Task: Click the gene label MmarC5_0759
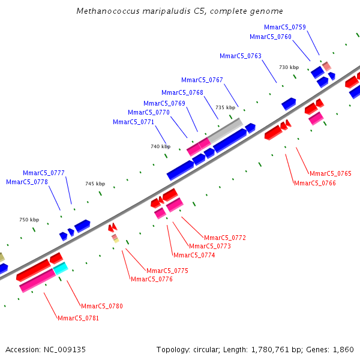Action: [285, 27]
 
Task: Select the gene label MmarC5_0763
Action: [241, 56]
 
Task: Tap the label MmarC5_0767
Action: [202, 80]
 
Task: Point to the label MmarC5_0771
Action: [134, 122]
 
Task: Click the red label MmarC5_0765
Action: [331, 173]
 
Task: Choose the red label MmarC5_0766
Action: [315, 183]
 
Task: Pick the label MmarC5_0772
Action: [225, 238]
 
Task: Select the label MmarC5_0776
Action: [152, 279]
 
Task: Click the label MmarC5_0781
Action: [79, 318]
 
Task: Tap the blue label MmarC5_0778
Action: [27, 182]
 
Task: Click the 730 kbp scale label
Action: [289, 67]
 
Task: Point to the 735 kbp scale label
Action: [226, 107]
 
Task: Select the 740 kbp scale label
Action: [160, 146]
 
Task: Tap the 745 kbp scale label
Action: [95, 184]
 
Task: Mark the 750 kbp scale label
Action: [29, 220]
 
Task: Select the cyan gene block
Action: [61, 268]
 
